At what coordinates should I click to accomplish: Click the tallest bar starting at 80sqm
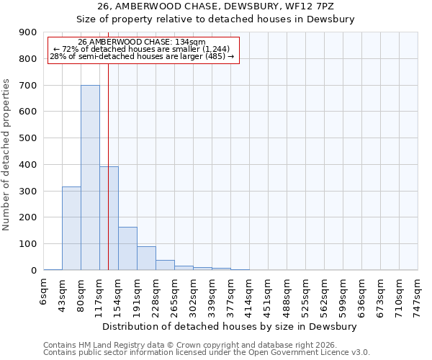coord(90,177)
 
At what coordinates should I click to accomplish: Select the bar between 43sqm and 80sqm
coord(71,228)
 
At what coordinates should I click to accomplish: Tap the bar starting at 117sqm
coord(109,218)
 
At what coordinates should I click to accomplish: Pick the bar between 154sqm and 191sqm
coord(127,248)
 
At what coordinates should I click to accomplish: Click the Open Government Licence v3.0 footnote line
coord(207,352)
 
